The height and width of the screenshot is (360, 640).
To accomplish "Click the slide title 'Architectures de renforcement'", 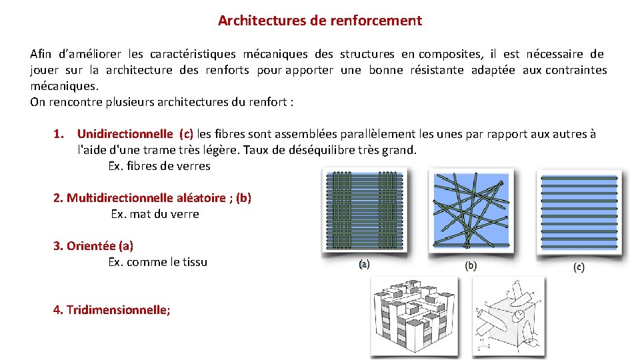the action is [x=319, y=21].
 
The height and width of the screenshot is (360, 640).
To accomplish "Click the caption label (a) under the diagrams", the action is [x=364, y=265].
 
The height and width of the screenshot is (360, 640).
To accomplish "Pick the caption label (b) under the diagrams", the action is [x=471, y=265].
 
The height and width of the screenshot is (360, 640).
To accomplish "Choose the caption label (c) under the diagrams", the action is [x=579, y=267].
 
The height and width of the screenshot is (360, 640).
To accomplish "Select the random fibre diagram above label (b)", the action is [x=471, y=209].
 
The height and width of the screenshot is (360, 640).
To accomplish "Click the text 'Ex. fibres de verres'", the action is [x=159, y=166].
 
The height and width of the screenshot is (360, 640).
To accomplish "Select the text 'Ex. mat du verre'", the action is [x=155, y=214].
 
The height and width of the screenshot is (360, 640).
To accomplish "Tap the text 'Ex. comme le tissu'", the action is [x=157, y=262].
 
